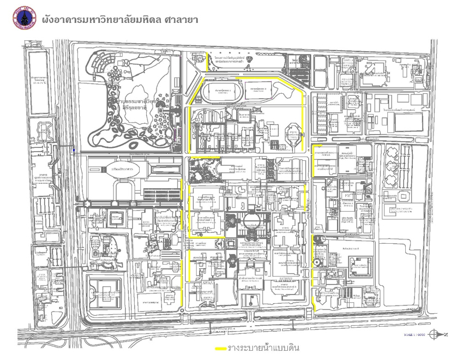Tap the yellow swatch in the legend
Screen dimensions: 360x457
pyautogui.click(x=221, y=349)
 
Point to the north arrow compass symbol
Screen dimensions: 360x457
pyautogui.click(x=435, y=334)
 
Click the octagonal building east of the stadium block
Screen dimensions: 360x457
pyautogui.click(x=292, y=133)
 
